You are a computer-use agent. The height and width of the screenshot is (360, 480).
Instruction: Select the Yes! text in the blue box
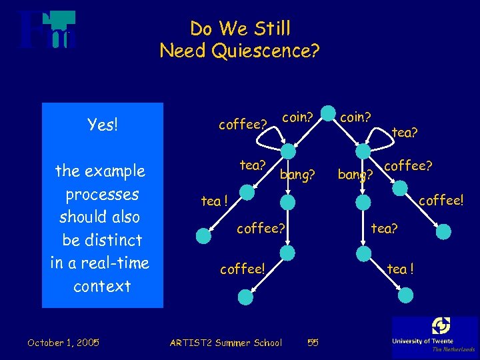(103, 125)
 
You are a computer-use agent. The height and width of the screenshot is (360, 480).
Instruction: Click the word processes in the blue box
(102, 194)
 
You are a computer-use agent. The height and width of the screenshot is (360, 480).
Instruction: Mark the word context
(102, 287)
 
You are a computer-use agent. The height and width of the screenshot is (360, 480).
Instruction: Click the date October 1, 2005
(63, 343)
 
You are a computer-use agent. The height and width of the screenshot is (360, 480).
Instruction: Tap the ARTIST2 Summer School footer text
(226, 343)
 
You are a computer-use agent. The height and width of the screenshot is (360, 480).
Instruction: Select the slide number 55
(313, 343)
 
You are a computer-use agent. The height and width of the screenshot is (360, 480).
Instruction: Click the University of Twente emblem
(441, 326)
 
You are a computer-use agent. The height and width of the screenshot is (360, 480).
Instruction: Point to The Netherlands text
(453, 349)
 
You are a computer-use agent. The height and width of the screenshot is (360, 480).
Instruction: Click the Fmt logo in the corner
(47, 31)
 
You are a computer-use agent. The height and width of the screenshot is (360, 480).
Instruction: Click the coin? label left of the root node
(297, 117)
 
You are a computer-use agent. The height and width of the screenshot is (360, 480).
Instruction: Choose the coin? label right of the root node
(355, 117)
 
